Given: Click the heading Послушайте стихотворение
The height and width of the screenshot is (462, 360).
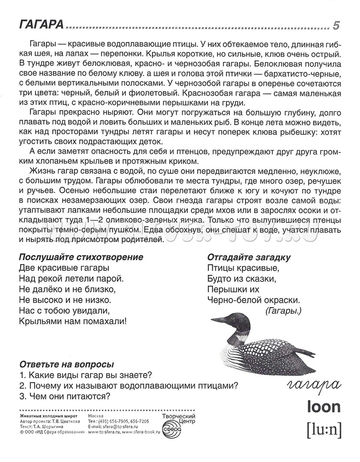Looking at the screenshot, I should pyautogui.click(x=81, y=256).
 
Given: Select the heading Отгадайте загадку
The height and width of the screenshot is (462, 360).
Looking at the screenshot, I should pyautogui.click(x=249, y=256).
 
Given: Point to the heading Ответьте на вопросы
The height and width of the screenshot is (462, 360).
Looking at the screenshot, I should pyautogui.click(x=66, y=364).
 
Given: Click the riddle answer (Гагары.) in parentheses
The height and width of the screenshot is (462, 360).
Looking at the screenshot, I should pyautogui.click(x=283, y=310).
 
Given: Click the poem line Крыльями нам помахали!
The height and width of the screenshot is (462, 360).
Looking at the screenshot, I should pyautogui.click(x=72, y=321).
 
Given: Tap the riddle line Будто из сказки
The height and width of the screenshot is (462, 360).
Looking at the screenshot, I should pyautogui.click(x=241, y=278).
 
